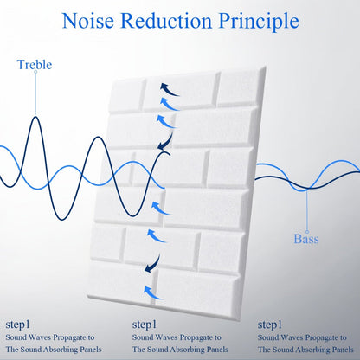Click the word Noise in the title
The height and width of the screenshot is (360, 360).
(x=88, y=21)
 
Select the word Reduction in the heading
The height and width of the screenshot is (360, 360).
(x=166, y=21)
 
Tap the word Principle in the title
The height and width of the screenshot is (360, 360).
(x=259, y=22)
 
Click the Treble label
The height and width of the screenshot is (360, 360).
(x=35, y=65)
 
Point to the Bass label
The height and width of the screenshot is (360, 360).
(x=306, y=239)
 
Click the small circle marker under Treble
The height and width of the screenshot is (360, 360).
(x=35, y=72)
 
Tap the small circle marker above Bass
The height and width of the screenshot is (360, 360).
(x=307, y=232)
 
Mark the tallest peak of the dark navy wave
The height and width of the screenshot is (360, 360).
(x=35, y=117)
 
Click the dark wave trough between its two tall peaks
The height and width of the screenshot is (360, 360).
(x=62, y=220)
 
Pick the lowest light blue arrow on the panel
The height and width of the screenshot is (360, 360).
(x=153, y=292)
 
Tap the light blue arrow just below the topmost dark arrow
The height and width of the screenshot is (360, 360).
(x=169, y=104)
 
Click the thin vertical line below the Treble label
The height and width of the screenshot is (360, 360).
(x=35, y=93)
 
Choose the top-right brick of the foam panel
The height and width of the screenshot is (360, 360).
(x=240, y=88)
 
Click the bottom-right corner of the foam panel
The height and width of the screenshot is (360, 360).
(x=240, y=320)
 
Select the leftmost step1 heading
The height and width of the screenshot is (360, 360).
(x=17, y=325)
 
